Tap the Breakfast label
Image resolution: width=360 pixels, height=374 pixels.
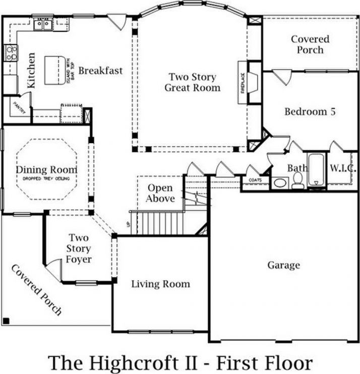tap(100, 71)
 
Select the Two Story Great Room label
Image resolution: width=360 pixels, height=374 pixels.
tap(192, 82)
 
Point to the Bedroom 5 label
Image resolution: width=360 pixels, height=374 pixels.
tap(310, 111)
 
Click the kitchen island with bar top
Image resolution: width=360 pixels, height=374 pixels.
tap(55, 71)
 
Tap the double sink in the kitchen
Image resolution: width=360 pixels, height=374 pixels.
tap(43, 24)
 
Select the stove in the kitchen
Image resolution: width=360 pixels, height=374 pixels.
tap(11, 52)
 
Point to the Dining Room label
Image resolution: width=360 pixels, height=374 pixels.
tap(46, 170)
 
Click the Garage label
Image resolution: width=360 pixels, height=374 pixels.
tap(283, 265)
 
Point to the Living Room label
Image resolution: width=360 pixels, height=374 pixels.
tap(160, 284)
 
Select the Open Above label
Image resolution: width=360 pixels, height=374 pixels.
tap(160, 193)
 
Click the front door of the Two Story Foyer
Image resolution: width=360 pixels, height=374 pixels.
tap(52, 271)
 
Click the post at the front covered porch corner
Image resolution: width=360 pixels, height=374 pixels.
tap(6, 321)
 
